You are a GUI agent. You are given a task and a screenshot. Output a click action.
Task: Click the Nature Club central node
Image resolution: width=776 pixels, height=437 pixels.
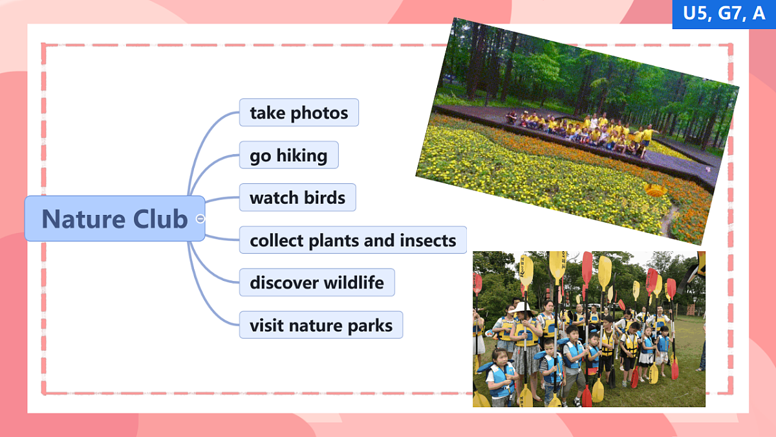point(114,219)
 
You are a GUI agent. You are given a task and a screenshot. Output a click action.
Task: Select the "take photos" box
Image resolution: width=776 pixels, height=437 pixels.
point(299,113)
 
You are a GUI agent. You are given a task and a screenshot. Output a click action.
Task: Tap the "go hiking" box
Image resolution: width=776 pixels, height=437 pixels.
point(289,155)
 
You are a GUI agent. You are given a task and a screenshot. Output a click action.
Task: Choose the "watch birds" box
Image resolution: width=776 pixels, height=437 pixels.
point(297,197)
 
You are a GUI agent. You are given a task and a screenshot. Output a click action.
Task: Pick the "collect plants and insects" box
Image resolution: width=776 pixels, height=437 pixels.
point(353,240)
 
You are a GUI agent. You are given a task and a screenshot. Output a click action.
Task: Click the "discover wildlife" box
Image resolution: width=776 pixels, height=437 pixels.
point(317,282)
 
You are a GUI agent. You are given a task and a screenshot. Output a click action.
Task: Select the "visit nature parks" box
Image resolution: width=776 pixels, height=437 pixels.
point(321,325)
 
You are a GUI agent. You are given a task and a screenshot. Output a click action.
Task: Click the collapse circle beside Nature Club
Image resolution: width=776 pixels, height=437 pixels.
point(200,219)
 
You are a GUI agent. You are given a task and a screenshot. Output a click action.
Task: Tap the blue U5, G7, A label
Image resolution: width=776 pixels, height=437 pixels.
point(724,14)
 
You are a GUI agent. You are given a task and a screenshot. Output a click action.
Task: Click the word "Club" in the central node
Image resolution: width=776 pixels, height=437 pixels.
point(160,219)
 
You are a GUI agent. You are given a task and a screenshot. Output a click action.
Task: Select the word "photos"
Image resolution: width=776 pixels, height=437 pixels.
point(319,113)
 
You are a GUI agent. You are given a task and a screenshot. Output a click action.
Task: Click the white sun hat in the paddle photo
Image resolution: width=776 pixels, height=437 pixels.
point(521,308)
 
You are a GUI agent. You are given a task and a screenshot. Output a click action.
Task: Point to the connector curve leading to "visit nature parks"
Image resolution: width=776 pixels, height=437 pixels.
point(204,293)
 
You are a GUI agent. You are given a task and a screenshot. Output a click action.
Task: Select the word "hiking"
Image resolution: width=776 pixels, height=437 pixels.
point(302,156)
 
